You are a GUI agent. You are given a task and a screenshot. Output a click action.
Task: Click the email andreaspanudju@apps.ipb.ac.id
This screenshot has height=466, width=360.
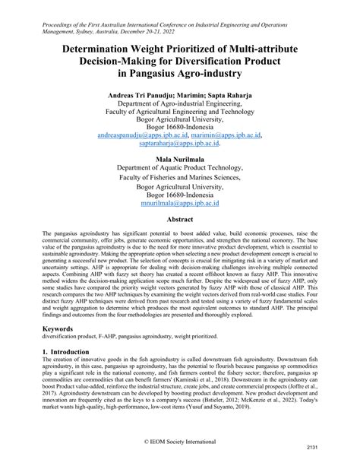(x=137, y=135)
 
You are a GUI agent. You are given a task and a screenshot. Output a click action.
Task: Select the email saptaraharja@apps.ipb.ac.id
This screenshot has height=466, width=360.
(x=179, y=143)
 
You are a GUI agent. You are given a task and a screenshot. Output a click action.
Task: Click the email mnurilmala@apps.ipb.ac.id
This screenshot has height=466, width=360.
(x=179, y=204)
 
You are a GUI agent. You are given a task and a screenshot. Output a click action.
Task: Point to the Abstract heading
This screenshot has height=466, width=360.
(x=179, y=219)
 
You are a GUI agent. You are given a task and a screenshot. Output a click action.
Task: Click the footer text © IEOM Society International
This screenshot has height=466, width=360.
(x=179, y=441)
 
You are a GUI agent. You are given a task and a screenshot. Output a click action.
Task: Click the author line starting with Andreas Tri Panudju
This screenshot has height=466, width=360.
(x=179, y=98)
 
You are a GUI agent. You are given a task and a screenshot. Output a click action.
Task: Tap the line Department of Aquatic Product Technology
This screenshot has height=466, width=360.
(x=179, y=169)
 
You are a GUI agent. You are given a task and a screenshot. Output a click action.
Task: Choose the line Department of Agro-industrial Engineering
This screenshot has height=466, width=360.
(x=179, y=107)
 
